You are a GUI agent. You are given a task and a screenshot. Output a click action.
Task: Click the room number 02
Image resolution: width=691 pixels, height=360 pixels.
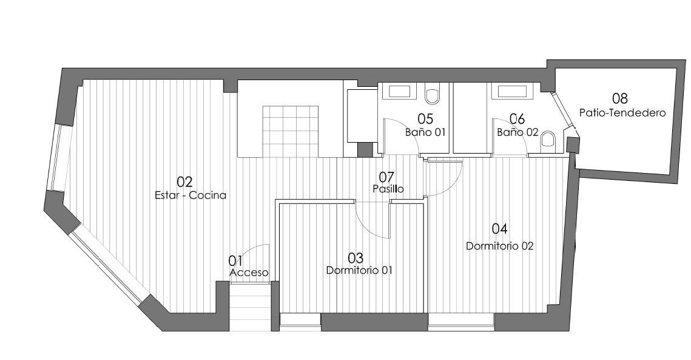pyautogui.click(x=184, y=182)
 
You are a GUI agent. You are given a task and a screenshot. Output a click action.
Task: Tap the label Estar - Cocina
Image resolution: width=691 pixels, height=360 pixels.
pyautogui.click(x=190, y=195)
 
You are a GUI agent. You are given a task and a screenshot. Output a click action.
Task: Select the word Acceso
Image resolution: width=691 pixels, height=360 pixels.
pyautogui.click(x=249, y=273)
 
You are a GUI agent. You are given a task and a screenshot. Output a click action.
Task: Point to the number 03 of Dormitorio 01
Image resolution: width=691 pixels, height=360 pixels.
pyautogui.click(x=356, y=257)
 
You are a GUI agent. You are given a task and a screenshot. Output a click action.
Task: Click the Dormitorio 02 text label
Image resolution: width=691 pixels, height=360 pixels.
pyautogui.click(x=500, y=246)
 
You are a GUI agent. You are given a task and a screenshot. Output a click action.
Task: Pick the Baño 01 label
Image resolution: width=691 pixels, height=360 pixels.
pyautogui.click(x=425, y=132)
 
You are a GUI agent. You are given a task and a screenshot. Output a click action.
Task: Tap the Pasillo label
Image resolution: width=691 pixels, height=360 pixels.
pyautogui.click(x=388, y=189)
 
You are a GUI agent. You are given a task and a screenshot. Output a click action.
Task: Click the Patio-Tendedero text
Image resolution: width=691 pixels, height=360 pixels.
pyautogui.click(x=622, y=112)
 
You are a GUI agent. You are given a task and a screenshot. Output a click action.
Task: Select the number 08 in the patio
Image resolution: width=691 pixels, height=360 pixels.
pyautogui.click(x=619, y=98)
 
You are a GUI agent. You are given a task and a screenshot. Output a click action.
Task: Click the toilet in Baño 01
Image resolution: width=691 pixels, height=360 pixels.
pyautogui.click(x=433, y=96)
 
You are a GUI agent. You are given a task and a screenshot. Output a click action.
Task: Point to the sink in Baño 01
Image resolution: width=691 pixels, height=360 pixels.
pyautogui.click(x=399, y=91)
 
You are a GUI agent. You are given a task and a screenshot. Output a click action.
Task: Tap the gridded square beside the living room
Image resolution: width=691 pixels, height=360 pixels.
pyautogui.click(x=291, y=131)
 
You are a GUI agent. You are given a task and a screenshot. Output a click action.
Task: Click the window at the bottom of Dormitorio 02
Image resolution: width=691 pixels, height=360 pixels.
pyautogui.click(x=461, y=322)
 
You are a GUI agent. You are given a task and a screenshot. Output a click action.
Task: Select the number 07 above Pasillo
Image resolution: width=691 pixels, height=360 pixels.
pyautogui.click(x=386, y=177)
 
